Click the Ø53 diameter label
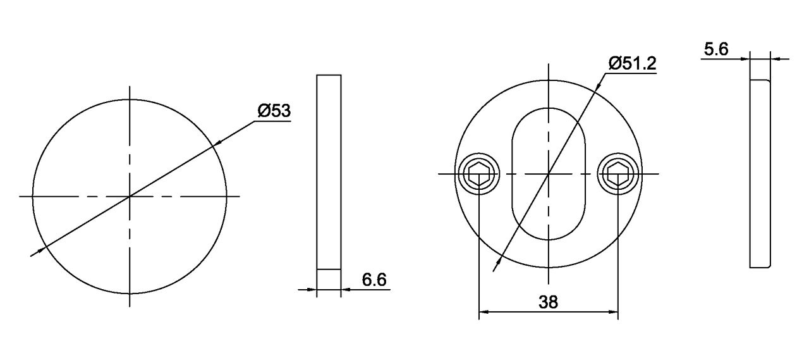pyautogui.click(x=273, y=111)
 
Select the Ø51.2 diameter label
pyautogui.click(x=633, y=63)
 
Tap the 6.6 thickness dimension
pyautogui.click(x=374, y=280)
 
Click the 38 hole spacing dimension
pyautogui.click(x=548, y=302)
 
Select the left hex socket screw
pyautogui.click(x=479, y=173)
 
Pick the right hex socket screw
pyautogui.click(x=617, y=173)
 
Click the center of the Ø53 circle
pyautogui.click(x=130, y=197)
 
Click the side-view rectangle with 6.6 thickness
pyautogui.click(x=329, y=171)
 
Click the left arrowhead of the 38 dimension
pyautogui.click(x=484, y=312)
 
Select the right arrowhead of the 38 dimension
pyautogui.click(x=613, y=312)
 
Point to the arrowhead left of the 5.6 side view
pyautogui.click(x=745, y=59)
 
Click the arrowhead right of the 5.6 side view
pyautogui.click(x=776, y=59)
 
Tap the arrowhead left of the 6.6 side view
pyautogui.click(x=312, y=290)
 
